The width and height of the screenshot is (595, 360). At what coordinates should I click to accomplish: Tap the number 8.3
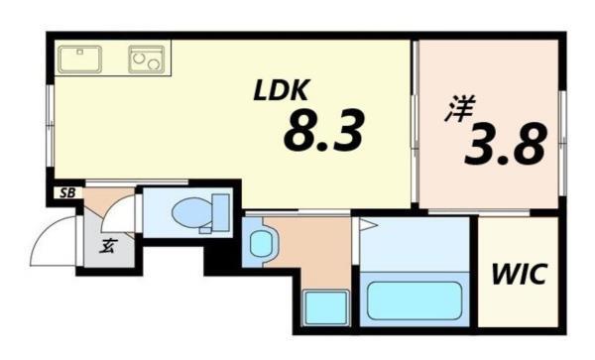tap(323, 131)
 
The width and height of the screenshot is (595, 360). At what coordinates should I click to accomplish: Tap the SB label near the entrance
tap(66, 192)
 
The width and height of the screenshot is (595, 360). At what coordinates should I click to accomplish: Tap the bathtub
tap(414, 300)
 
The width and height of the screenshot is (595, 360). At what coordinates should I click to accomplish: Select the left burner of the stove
tap(139, 60)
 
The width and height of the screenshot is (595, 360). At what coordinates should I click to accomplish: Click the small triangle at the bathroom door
tap(364, 226)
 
